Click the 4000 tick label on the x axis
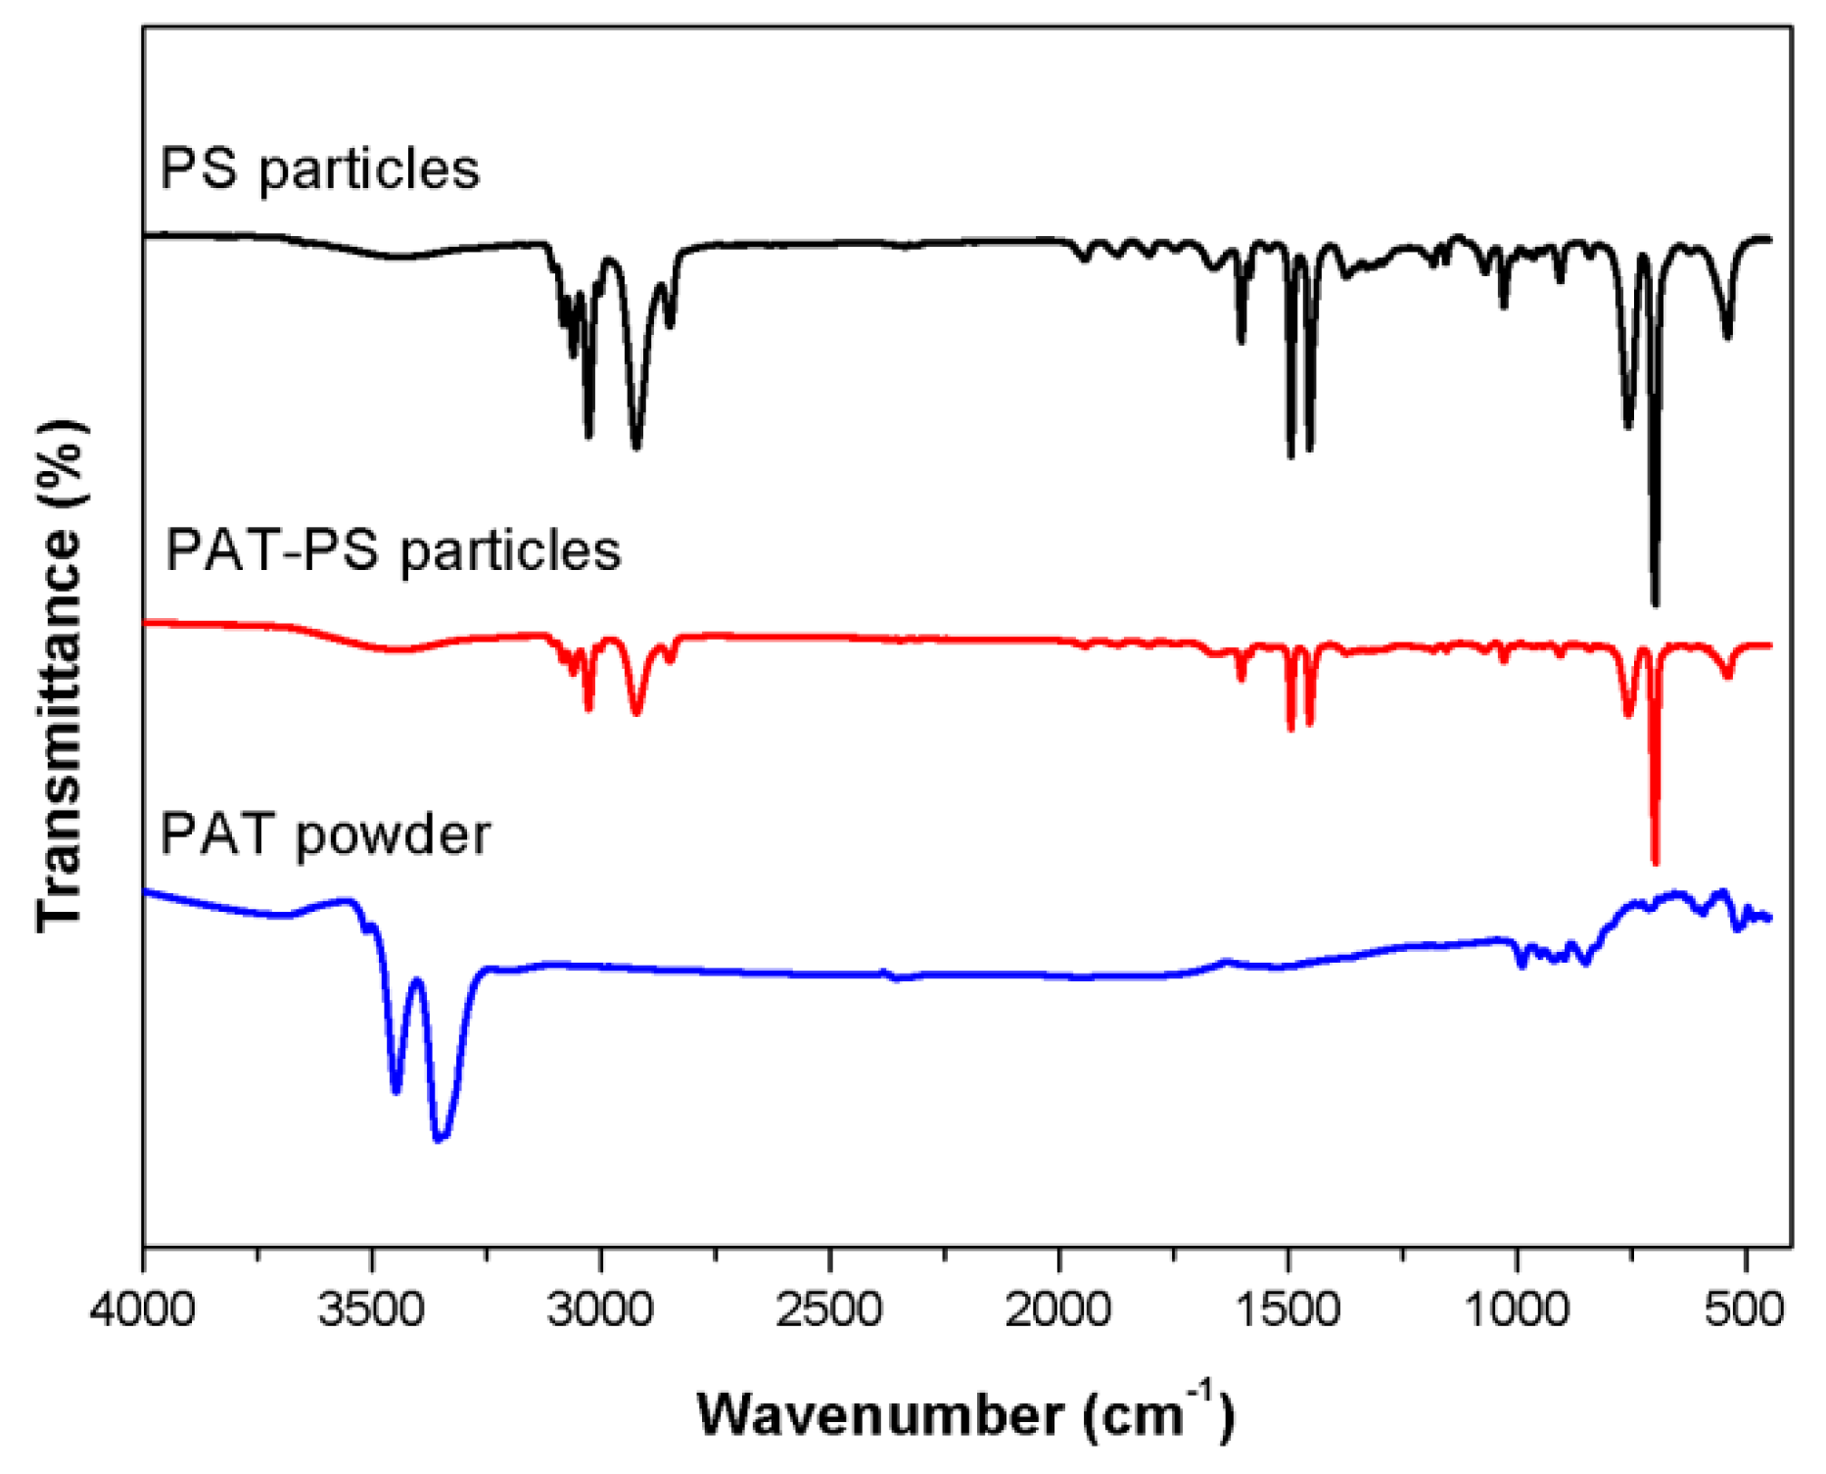pos(143,1310)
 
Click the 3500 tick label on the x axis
pos(372,1310)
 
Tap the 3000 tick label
pos(601,1310)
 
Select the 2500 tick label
pos(830,1310)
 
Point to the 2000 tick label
pos(1058,1310)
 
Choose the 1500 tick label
pos(1288,1310)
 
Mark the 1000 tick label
pos(1517,1310)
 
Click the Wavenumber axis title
pos(965,1413)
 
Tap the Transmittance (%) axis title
pos(61,676)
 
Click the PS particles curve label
pos(319,168)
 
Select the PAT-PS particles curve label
pos(393,549)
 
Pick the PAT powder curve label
pos(324,834)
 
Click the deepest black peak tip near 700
pos(1656,603)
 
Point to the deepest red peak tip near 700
pos(1656,862)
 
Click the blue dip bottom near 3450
pos(397,1090)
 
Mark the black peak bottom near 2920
pos(637,447)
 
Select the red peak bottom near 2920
pos(637,712)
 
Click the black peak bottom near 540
pos(1728,337)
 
